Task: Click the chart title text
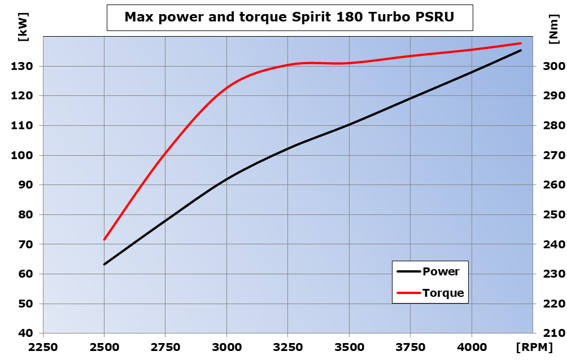(289, 17)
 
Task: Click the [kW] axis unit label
(24, 27)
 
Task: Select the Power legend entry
(440, 271)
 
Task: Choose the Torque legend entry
(443, 293)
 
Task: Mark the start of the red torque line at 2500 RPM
(104, 240)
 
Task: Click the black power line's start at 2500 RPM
(104, 264)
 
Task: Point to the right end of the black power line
(520, 51)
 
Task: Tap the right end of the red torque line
(520, 43)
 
